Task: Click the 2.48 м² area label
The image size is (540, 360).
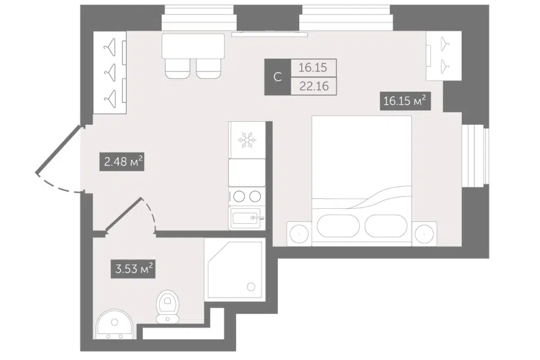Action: (x=121, y=161)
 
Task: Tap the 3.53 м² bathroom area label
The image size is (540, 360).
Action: (x=133, y=269)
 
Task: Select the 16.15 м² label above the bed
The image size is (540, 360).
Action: (x=406, y=101)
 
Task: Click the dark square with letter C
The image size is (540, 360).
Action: (x=277, y=77)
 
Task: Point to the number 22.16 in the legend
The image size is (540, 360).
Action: (x=314, y=86)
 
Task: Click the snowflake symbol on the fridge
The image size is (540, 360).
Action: (x=247, y=140)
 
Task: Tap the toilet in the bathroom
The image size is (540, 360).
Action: (x=168, y=307)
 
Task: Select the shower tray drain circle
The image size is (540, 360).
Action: (x=251, y=287)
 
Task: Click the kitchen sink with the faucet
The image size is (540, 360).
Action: (x=246, y=218)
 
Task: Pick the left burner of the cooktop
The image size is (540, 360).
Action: (x=239, y=196)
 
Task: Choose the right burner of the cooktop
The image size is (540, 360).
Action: (x=255, y=196)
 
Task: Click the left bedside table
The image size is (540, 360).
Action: (x=299, y=234)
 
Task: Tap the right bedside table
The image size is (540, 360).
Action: (x=424, y=234)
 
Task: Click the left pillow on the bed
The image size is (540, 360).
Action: (x=338, y=226)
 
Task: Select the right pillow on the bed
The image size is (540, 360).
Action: (x=386, y=226)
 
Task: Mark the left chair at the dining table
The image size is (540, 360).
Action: (x=177, y=68)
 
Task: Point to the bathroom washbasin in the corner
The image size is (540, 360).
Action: (x=114, y=324)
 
